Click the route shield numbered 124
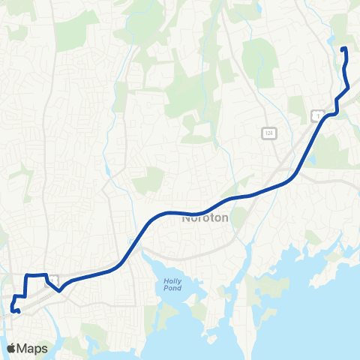point(268,132)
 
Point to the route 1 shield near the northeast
point(317,115)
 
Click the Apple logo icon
point(11,348)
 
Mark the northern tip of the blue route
point(343,50)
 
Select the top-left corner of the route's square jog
point(28,276)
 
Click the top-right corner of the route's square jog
point(46,275)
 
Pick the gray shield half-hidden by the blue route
point(53,280)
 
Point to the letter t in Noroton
point(208,220)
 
